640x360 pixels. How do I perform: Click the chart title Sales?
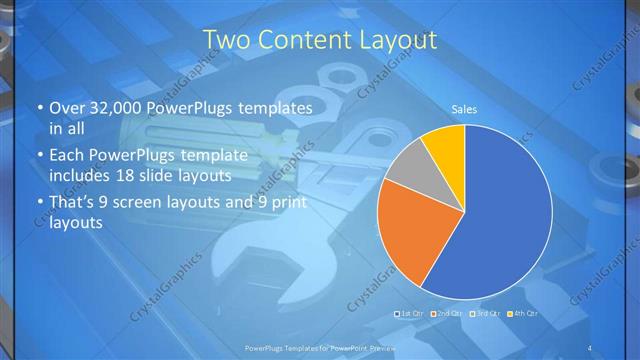(x=464, y=107)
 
